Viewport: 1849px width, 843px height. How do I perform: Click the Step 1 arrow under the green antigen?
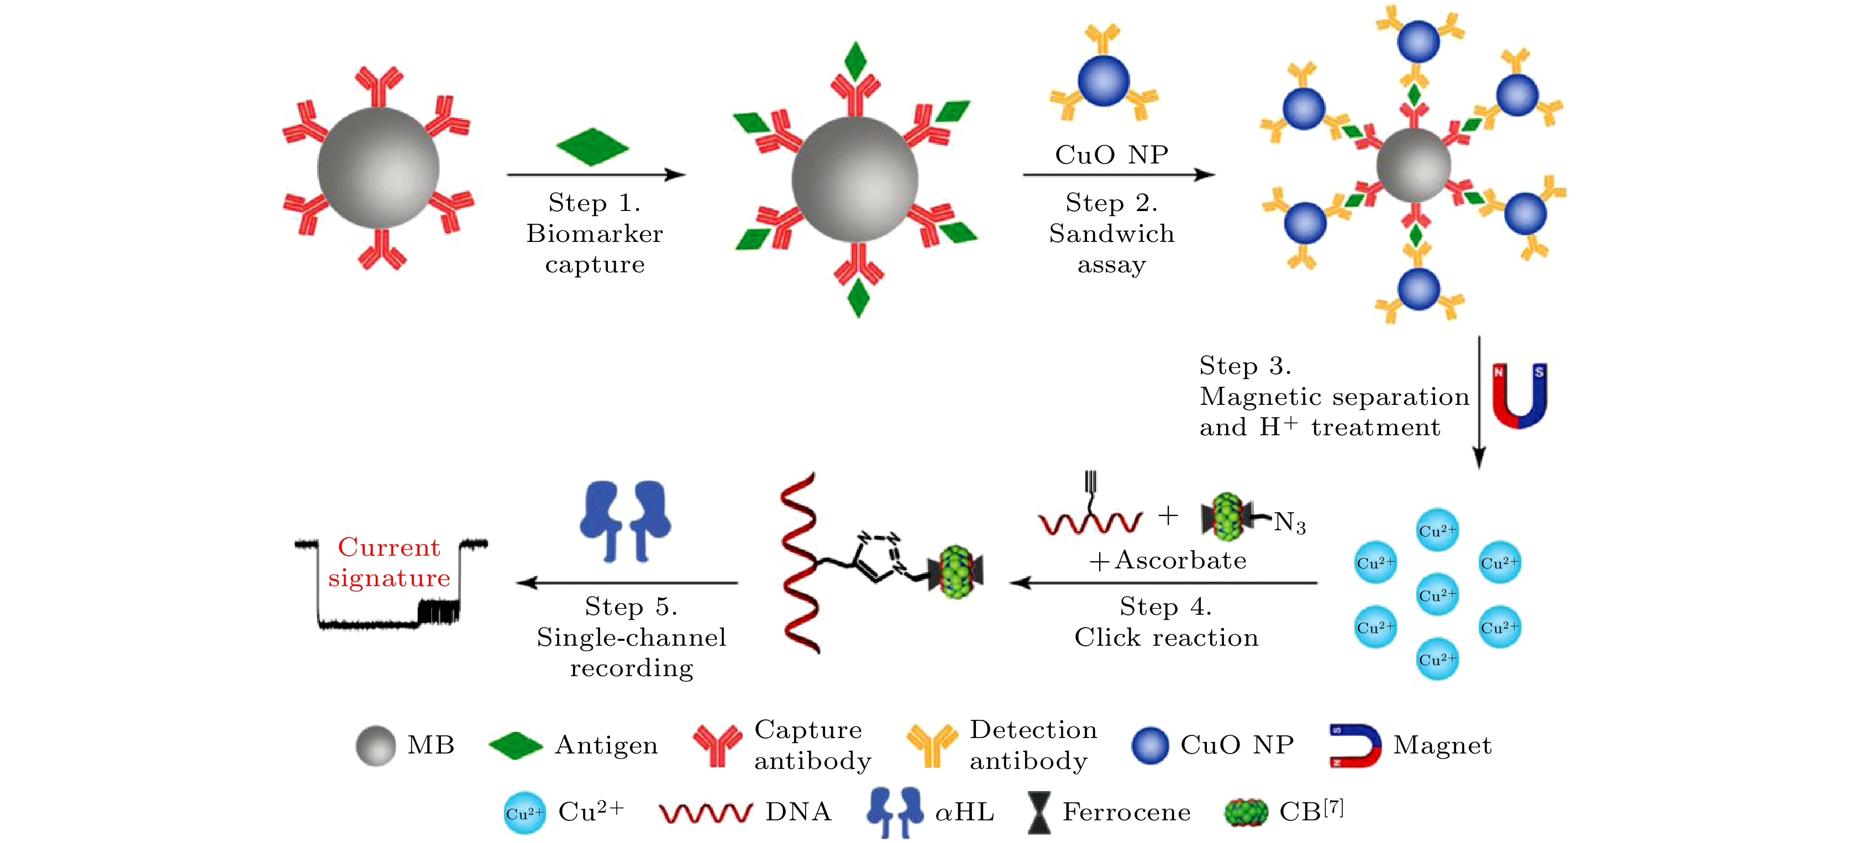coord(596,175)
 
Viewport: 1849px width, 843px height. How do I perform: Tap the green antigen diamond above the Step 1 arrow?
coord(592,147)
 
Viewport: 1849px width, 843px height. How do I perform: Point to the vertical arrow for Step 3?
coord(1479,402)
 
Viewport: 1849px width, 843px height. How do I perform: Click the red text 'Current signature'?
coord(389,562)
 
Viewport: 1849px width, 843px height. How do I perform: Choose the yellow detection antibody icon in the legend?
coord(932,745)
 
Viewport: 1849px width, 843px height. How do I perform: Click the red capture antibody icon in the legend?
coord(716,745)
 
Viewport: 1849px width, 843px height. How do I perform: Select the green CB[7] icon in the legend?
coord(1246,813)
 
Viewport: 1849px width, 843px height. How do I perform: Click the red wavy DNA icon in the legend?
coord(706,813)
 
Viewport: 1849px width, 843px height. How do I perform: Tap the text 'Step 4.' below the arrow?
coord(1165,607)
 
